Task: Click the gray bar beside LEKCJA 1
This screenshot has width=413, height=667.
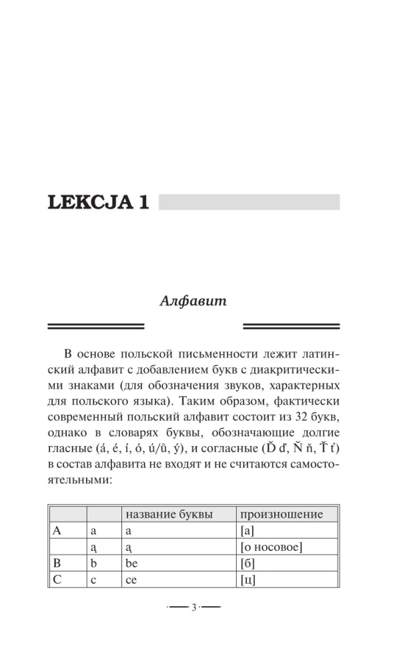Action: tap(249, 202)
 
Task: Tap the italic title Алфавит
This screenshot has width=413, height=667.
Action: tap(193, 301)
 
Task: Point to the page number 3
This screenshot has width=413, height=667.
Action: tap(193, 608)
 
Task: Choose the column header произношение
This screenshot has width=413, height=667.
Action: tap(281, 514)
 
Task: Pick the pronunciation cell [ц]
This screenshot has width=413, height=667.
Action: tap(248, 580)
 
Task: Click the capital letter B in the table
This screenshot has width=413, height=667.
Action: tap(57, 564)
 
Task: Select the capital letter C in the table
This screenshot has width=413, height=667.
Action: tap(57, 580)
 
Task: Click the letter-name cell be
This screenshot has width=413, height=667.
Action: tap(131, 564)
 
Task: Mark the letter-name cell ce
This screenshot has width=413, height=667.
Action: tap(131, 580)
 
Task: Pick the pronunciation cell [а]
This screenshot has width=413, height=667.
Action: tap(247, 532)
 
